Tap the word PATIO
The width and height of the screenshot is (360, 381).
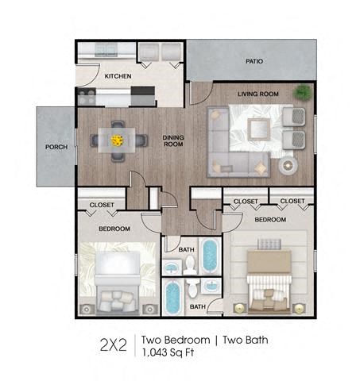coord(254,60)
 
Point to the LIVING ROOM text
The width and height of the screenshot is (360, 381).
coord(257,94)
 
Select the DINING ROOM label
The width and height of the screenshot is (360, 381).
coord(173,140)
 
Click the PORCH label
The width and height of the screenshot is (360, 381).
coord(56,147)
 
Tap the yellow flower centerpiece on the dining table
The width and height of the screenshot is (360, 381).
coord(118,140)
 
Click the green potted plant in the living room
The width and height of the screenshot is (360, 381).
coord(303,93)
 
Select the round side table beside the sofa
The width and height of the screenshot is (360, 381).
coord(287,165)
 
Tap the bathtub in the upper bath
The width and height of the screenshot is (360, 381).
coord(210,255)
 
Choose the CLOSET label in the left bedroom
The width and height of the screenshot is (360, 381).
coord(101,205)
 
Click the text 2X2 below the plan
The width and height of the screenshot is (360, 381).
coord(114,344)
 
